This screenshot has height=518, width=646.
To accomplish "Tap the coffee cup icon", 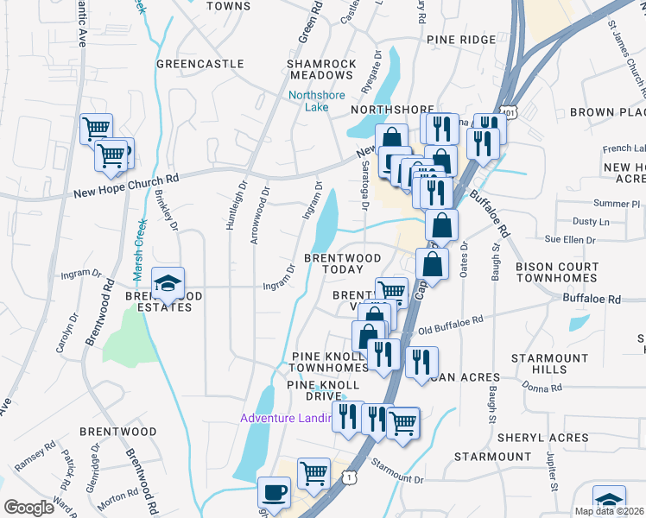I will click(275, 492).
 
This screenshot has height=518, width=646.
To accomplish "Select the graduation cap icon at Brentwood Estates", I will click(168, 282).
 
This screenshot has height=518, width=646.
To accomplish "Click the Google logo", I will click(28, 507).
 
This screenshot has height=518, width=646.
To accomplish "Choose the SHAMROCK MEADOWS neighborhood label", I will click(320, 70).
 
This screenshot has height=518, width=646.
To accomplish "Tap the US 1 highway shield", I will click(346, 477).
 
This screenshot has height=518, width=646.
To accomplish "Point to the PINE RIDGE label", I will click(460, 40).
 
